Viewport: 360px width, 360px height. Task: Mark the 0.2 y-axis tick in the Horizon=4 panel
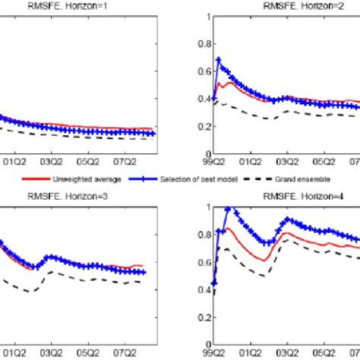pos(202,318)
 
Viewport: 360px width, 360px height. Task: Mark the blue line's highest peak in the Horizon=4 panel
pos(227,208)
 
